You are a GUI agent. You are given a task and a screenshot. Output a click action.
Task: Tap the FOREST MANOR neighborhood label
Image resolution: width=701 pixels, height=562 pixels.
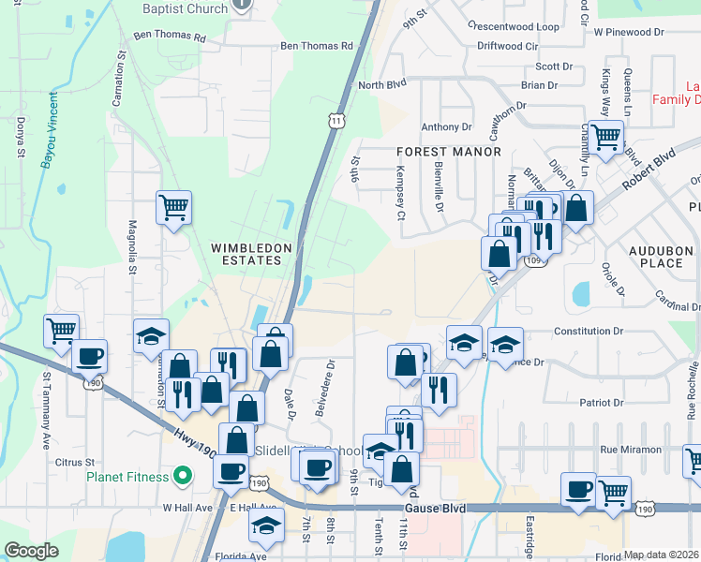[x=449, y=151]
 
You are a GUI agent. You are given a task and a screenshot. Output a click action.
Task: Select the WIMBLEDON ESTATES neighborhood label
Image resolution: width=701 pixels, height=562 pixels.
[x=252, y=255]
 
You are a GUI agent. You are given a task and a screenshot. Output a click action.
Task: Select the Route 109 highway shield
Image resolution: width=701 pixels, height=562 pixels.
[x=534, y=260]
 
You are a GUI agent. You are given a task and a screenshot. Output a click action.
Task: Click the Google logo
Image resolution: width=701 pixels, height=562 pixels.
[x=32, y=551]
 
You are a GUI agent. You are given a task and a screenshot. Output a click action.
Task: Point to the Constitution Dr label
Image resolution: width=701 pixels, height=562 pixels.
[x=589, y=332]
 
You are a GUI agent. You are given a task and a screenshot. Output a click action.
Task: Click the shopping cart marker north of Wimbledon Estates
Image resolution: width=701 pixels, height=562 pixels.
[x=174, y=207]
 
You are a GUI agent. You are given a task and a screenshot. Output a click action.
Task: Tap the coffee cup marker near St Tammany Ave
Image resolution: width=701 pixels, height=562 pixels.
[x=89, y=356]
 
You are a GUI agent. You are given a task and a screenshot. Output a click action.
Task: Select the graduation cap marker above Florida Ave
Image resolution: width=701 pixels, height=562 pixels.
[x=267, y=525]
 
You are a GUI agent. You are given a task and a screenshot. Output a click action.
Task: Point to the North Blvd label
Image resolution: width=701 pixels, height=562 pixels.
[x=383, y=85]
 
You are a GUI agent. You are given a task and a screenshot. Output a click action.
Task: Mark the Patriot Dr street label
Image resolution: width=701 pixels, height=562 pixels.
[x=601, y=403]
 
